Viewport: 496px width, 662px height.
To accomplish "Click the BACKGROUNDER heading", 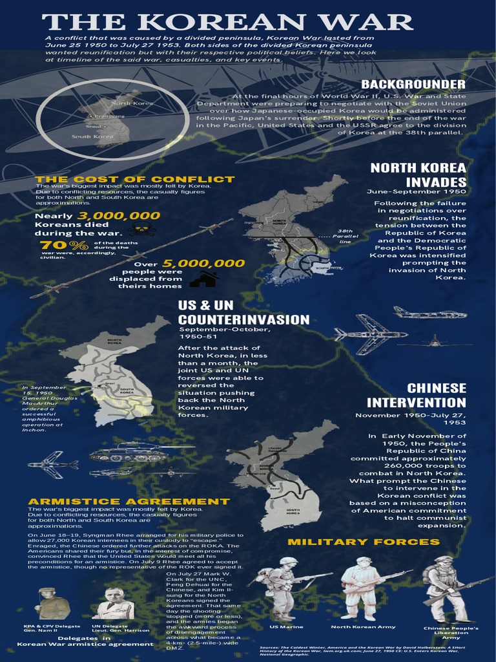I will tap(413, 85).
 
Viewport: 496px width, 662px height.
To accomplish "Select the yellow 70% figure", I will tap(64, 245).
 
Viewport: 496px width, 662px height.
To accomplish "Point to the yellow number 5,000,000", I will tap(203, 263).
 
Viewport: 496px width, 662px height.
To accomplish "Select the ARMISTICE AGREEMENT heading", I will tap(129, 501).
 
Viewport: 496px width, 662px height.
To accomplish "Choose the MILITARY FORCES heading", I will tap(363, 541).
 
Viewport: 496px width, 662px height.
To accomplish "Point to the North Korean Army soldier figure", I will tap(362, 588).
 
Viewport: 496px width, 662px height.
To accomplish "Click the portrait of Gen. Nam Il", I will tap(52, 604).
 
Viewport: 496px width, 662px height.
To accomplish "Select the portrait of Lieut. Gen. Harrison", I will tap(114, 604).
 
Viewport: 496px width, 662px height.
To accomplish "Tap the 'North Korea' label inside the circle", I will tap(133, 103).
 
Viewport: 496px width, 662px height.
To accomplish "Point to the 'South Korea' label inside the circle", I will tap(92, 136).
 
